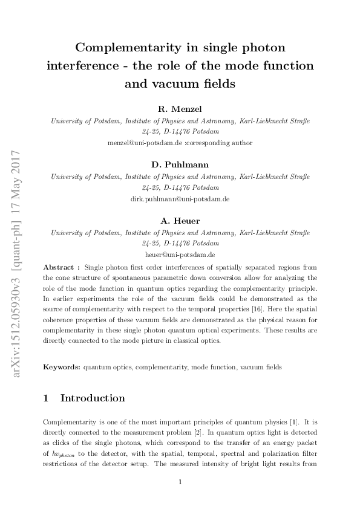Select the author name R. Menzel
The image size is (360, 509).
click(x=179, y=109)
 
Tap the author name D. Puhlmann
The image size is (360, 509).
click(x=179, y=165)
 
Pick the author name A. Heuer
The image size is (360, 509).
click(x=179, y=221)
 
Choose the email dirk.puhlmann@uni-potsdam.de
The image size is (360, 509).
click(x=180, y=199)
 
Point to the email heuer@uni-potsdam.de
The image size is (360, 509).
click(x=180, y=254)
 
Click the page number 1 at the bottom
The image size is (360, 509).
click(x=180, y=482)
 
